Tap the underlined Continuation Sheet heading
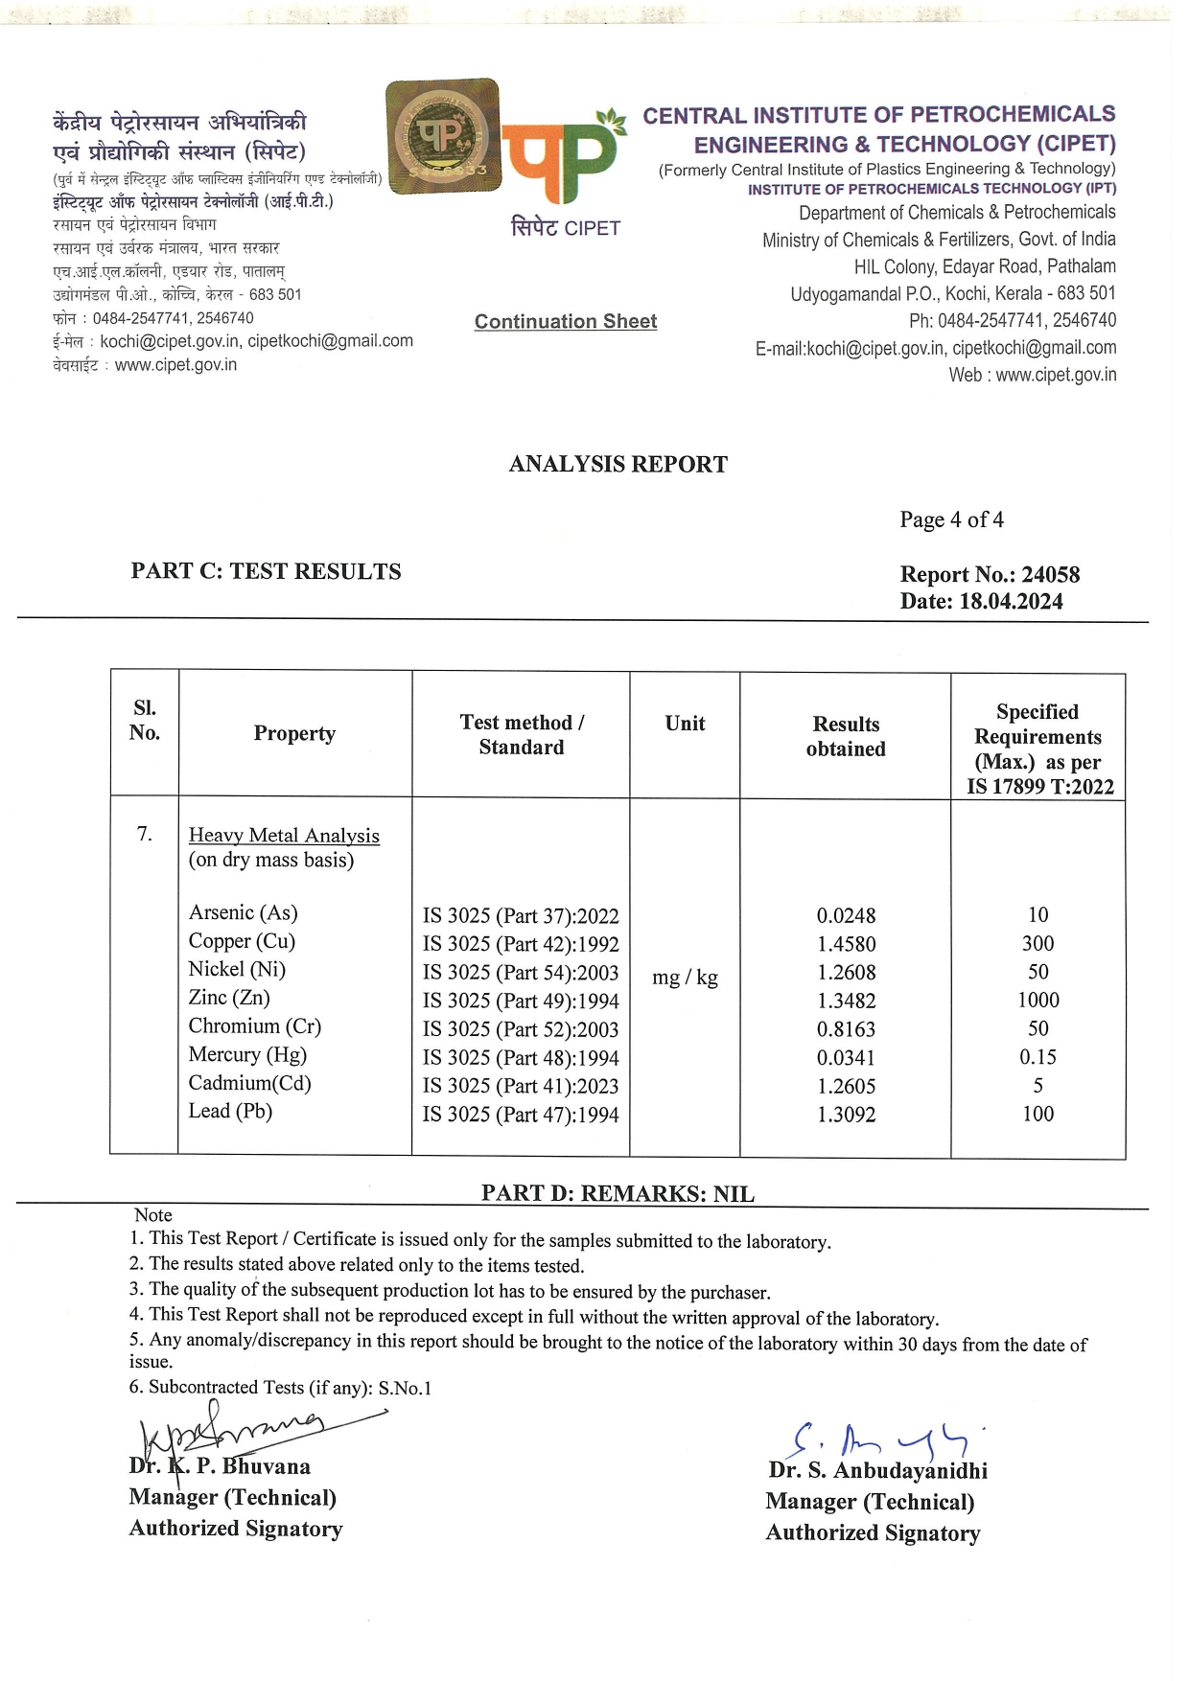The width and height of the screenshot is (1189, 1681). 566,322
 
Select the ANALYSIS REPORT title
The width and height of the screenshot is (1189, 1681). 618,465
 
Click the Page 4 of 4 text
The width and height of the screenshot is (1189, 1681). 951,519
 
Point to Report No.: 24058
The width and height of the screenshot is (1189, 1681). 989,575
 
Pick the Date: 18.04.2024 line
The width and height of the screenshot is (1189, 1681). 980,602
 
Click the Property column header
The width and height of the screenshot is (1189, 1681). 294,734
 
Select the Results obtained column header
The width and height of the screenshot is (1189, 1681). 846,737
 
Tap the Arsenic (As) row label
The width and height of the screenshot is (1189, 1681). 243,912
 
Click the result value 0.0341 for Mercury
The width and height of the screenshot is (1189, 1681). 846,1058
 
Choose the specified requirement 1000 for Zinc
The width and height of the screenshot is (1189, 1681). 1037,1001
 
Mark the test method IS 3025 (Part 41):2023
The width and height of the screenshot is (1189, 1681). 521,1087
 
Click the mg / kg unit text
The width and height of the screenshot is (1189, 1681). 685,978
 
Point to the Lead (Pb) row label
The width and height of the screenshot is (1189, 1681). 230,1112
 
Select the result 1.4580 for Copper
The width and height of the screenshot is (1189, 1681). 846,944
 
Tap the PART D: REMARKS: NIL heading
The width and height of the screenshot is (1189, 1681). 618,1194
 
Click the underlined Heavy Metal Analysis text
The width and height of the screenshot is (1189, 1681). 284,836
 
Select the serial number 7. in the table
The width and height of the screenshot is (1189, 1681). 144,834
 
